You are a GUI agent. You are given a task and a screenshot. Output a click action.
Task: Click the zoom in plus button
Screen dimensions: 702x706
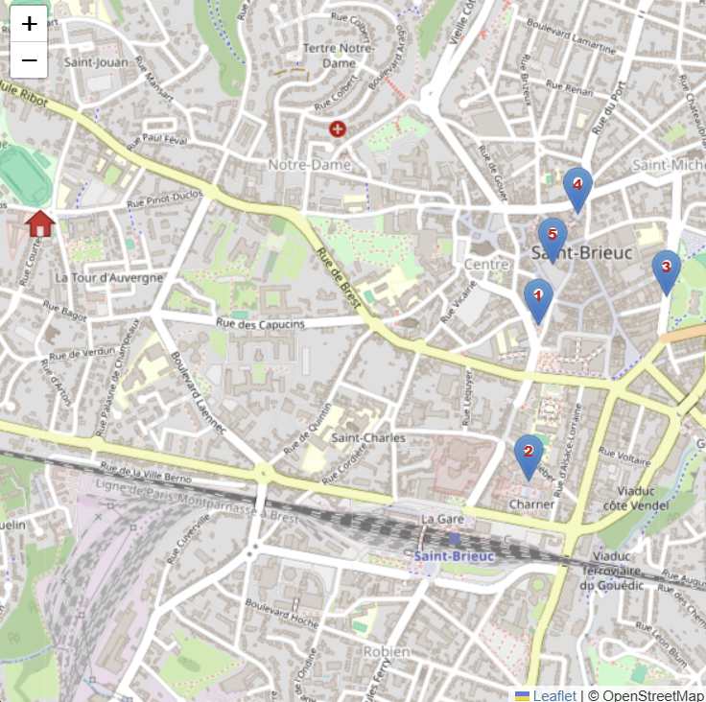click(x=30, y=24)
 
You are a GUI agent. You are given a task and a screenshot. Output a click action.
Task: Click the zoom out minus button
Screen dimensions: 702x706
click(x=30, y=60)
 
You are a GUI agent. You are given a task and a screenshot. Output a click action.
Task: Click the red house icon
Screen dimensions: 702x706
click(x=40, y=223)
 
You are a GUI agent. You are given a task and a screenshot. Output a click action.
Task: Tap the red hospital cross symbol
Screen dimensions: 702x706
click(x=338, y=129)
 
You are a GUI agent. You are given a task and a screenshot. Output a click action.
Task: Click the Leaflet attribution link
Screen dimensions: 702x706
click(x=554, y=695)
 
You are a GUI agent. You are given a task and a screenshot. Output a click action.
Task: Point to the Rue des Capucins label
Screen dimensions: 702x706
click(x=260, y=324)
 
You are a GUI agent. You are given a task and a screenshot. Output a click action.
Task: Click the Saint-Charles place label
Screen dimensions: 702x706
click(x=368, y=438)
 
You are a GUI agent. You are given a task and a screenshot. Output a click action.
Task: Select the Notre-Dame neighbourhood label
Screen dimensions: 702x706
click(x=309, y=165)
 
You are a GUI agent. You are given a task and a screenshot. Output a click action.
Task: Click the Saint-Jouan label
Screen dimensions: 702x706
click(x=97, y=61)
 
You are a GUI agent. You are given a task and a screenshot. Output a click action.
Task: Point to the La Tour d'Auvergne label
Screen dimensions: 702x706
click(x=108, y=278)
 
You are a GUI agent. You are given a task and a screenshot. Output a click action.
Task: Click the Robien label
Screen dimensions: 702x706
click(x=386, y=651)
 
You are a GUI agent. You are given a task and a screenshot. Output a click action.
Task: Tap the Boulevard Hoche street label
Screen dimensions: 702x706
click(x=281, y=614)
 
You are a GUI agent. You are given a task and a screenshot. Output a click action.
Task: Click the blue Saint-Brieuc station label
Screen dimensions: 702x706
click(x=454, y=556)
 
